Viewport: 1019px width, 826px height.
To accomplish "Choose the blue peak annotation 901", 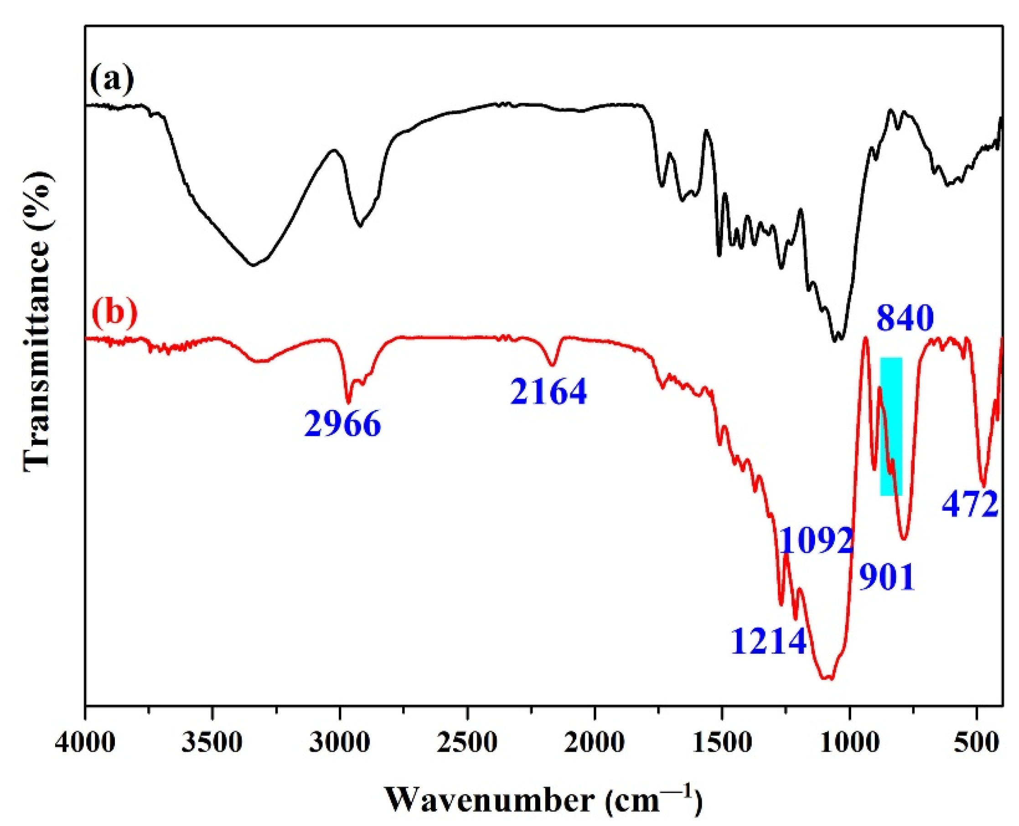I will tap(886, 578).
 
